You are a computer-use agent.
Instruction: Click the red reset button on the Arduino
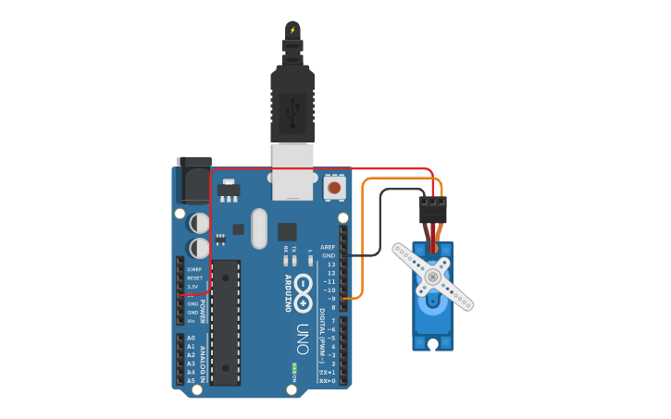pyautogui.click(x=334, y=188)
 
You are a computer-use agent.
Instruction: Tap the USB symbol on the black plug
pyautogui.click(x=292, y=113)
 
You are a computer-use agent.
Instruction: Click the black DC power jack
pyautogui.click(x=193, y=180)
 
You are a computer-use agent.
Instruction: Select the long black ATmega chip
pyautogui.click(x=226, y=321)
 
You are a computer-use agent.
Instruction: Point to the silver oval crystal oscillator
pyautogui.click(x=258, y=228)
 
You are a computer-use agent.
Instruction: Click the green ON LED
pyautogui.click(x=294, y=368)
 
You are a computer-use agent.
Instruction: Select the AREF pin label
pyautogui.click(x=328, y=247)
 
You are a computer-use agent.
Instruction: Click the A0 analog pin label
pyautogui.click(x=191, y=338)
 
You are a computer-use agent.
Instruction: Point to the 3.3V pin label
pyautogui.click(x=193, y=287)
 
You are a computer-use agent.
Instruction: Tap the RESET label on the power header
pyautogui.click(x=194, y=277)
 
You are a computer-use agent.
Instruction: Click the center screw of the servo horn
pyautogui.click(x=432, y=276)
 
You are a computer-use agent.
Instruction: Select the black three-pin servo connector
pyautogui.click(x=432, y=210)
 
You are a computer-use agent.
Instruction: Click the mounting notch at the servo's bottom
pyautogui.click(x=432, y=344)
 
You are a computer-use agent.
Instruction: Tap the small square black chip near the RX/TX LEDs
pyautogui.click(x=287, y=231)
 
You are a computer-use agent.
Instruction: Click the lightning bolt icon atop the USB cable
pyautogui.click(x=292, y=30)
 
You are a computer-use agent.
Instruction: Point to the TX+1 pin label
pyautogui.click(x=327, y=372)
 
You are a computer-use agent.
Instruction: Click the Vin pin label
pyautogui.click(x=192, y=321)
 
